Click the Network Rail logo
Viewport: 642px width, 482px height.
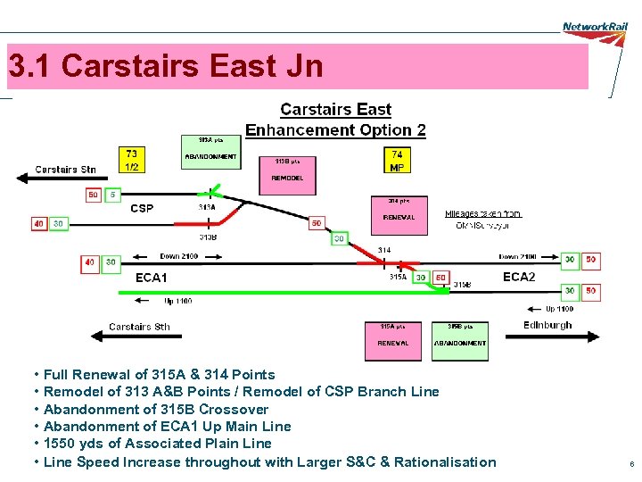[x=595, y=27]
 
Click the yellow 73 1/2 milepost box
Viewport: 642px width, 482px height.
[x=132, y=160]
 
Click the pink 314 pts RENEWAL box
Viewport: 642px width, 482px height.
[x=399, y=212]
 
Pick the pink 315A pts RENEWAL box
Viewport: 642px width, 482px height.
[x=393, y=339]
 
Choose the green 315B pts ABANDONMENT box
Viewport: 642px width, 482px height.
[x=460, y=339]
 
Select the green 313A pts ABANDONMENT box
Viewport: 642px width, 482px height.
[x=210, y=152]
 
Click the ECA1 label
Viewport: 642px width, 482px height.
[x=151, y=278]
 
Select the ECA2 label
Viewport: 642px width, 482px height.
[x=519, y=277]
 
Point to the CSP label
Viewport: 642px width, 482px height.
[x=142, y=209]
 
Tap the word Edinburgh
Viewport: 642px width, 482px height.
[x=547, y=325]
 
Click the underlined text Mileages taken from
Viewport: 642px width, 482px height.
[x=482, y=214]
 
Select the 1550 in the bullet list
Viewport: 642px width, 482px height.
[x=58, y=444]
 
